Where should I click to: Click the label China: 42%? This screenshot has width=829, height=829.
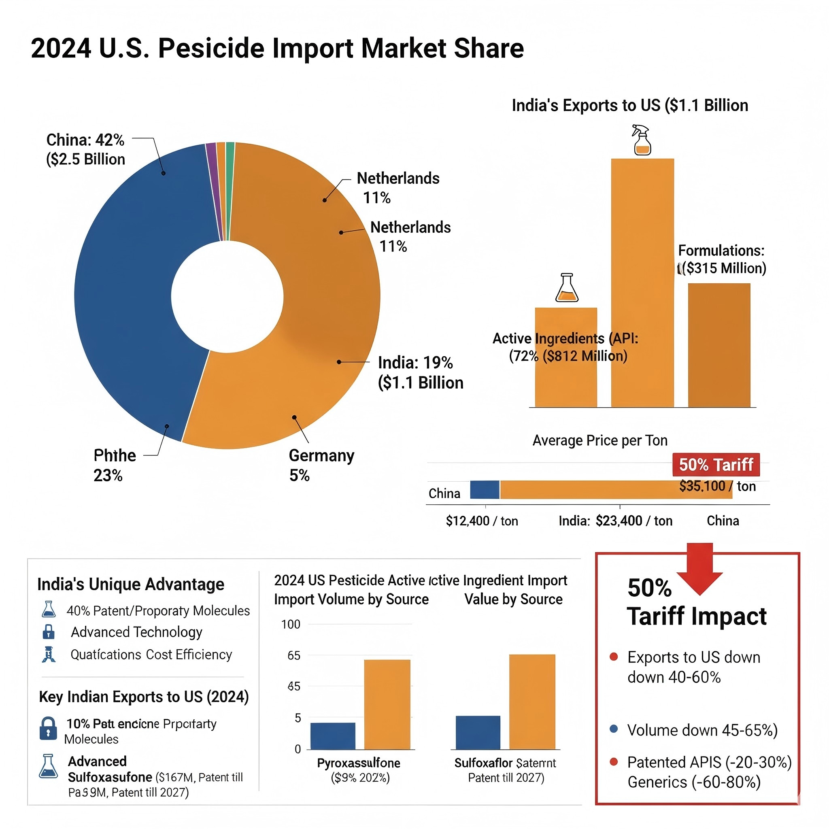pos(85,140)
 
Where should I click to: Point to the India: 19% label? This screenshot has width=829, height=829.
pos(415,363)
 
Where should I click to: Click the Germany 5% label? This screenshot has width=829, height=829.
pos(321,465)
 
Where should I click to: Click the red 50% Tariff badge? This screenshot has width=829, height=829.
pos(716,464)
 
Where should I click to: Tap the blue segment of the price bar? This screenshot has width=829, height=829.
pos(485,490)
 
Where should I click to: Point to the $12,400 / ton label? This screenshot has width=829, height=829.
pos(482,521)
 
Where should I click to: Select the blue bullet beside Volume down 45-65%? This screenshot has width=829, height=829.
pos(614,729)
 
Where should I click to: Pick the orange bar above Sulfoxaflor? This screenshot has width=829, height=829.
pos(532,701)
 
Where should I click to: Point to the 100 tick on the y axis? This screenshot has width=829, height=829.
pos(291,624)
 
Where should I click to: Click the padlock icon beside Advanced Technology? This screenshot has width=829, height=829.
pos(49,631)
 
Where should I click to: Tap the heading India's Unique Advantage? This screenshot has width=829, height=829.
pos(130,585)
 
